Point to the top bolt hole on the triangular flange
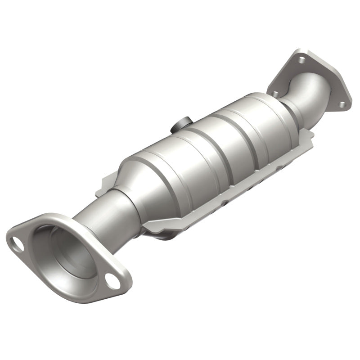point(299,59)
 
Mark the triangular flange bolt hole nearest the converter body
point(274,93)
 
